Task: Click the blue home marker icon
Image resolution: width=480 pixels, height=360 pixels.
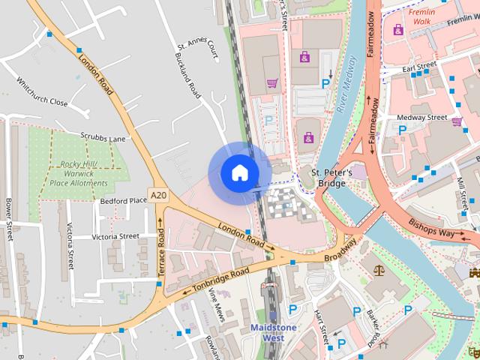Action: tap(239, 173)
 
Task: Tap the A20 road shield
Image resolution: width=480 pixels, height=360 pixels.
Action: tap(157, 195)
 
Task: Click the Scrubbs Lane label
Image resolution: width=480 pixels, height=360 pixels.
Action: tap(103, 139)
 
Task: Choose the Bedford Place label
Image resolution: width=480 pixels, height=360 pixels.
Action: tap(123, 200)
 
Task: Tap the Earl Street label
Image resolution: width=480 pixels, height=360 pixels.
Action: tap(419, 68)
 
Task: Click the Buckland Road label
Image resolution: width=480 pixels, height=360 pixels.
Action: tap(187, 75)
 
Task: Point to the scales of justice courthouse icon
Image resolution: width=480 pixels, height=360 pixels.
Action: tap(374, 267)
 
